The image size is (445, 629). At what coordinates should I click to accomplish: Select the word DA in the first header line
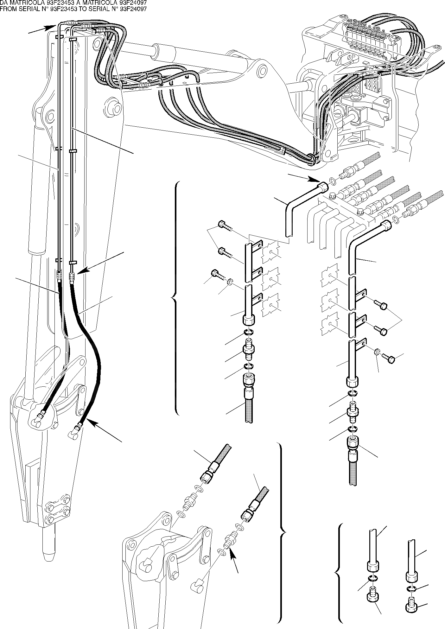(4, 3)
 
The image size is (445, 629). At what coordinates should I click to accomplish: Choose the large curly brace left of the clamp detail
(174, 298)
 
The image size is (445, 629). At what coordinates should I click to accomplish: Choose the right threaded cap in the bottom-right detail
(411, 606)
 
